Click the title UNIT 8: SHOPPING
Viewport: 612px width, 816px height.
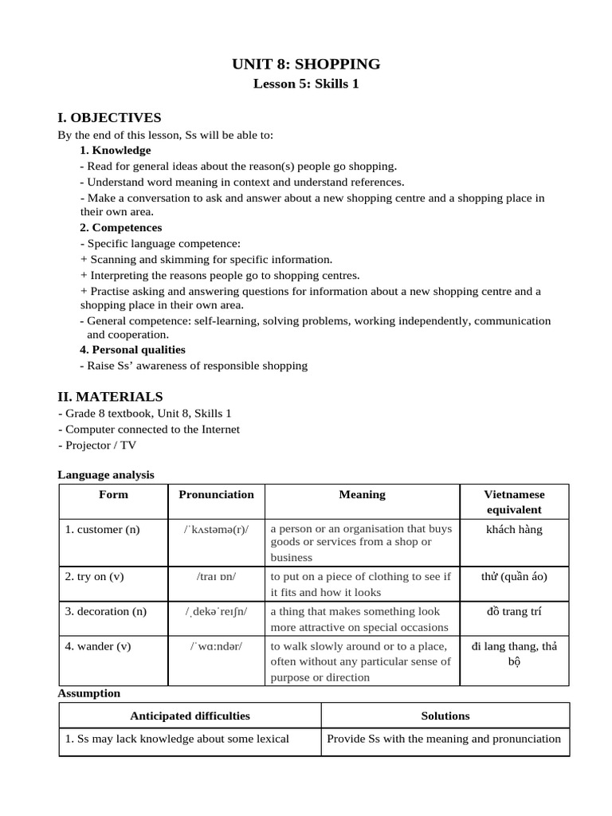point(306,64)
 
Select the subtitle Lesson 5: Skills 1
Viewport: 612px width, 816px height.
point(306,84)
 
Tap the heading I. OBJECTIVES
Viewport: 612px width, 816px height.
point(109,118)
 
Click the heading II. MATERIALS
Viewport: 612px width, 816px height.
point(110,396)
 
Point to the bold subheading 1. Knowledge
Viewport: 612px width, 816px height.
point(116,150)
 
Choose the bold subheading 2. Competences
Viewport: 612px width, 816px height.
point(121,227)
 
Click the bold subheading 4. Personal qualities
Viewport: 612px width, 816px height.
point(132,349)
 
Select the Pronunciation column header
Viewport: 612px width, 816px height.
point(216,494)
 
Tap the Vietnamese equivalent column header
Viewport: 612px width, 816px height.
point(514,502)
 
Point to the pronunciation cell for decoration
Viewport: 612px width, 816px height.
point(216,612)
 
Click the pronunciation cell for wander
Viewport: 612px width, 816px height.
point(216,646)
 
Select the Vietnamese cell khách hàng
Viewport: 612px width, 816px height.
point(514,529)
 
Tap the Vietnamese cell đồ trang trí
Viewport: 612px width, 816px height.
point(514,612)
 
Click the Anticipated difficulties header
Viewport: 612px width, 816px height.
point(190,716)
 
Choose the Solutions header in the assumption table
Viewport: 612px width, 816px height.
point(445,716)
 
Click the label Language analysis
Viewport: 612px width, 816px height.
point(106,475)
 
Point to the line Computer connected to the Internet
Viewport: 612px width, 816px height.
point(149,430)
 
